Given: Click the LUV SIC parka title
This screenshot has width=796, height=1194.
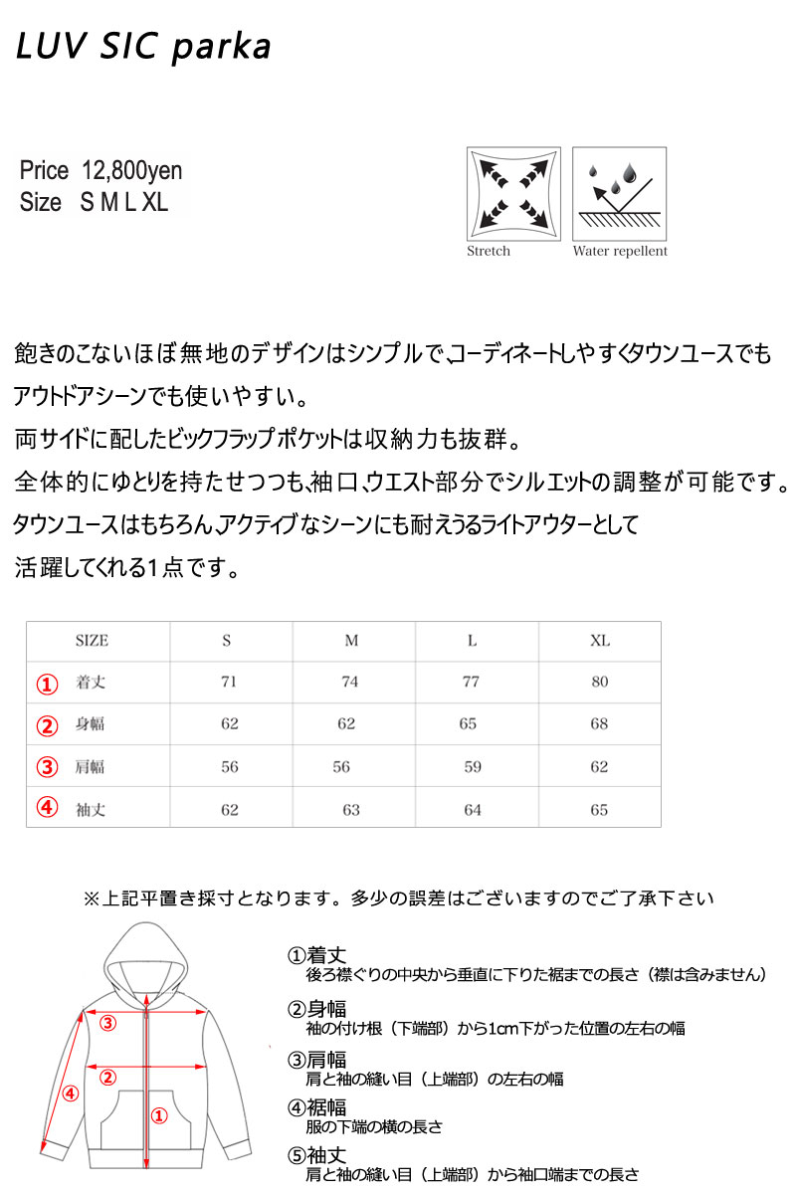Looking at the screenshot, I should [143, 47].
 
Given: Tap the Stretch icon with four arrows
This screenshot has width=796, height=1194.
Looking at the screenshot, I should [512, 193].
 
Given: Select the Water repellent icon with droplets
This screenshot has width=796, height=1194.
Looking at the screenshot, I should [619, 193].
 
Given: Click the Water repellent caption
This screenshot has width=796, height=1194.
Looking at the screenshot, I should [620, 252].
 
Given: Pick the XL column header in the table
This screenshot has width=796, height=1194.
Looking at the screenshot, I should [599, 641].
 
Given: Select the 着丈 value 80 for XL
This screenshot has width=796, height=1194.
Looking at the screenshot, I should [599, 683].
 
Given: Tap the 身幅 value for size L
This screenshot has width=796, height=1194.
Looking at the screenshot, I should [469, 724].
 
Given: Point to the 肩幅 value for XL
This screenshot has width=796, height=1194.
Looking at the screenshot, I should [599, 767].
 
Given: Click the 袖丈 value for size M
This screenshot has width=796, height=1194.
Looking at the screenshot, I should [351, 810].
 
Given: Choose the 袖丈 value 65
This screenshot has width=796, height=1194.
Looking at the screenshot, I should [599, 810].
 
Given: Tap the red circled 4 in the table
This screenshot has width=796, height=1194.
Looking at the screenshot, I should [48, 807].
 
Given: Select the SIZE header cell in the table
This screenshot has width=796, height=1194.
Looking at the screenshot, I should [92, 641].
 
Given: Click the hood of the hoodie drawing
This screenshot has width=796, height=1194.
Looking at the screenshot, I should [146, 955].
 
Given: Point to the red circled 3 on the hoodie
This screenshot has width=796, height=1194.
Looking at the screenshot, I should [107, 1022].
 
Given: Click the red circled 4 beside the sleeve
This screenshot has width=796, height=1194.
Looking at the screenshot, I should [69, 1094].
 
